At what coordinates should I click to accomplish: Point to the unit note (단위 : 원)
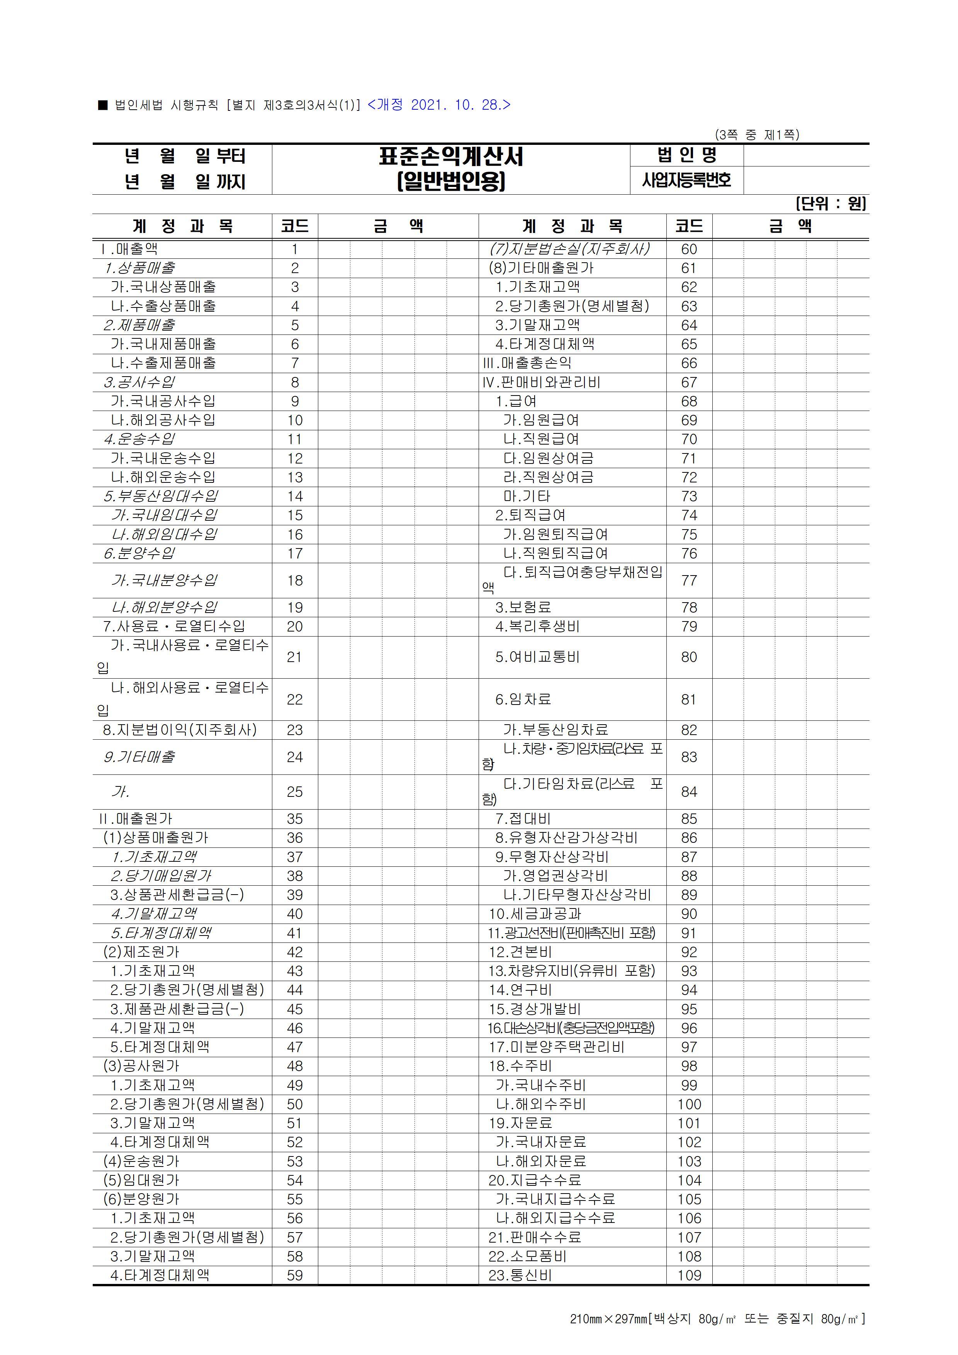coord(831,204)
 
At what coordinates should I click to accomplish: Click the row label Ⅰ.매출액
coord(129,249)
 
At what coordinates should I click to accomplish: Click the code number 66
coord(689,363)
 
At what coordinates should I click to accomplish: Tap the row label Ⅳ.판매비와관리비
coord(541,382)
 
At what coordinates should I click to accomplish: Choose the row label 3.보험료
coord(523,607)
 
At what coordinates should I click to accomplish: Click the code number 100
coord(689,1104)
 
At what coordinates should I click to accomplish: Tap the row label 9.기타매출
coord(139,757)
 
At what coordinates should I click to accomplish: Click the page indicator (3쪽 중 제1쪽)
coord(757,135)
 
